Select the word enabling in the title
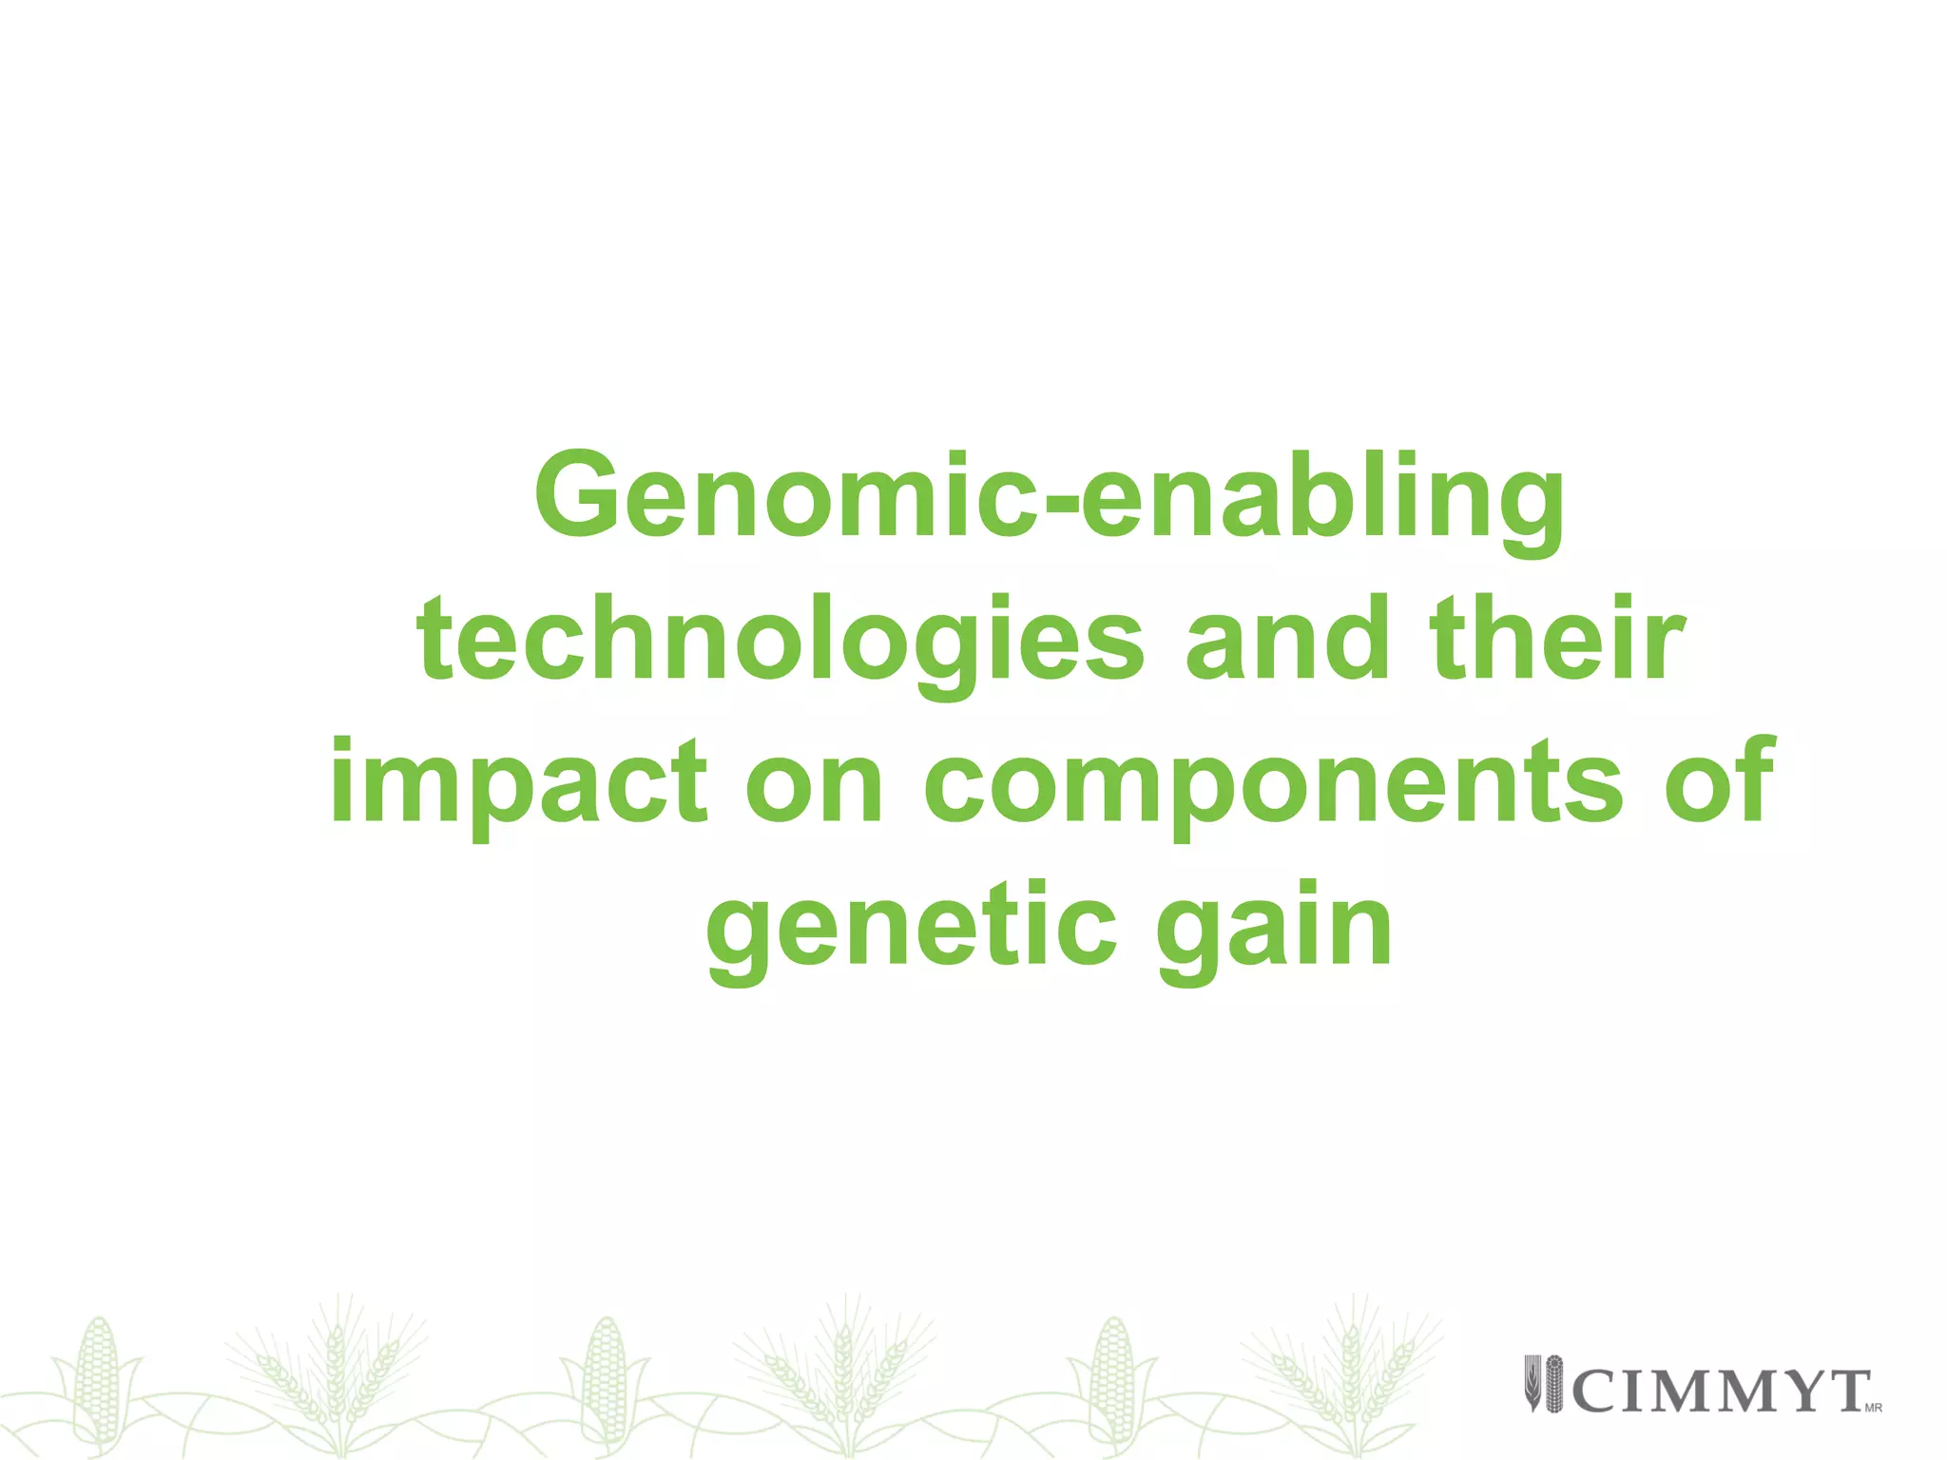click(1322, 499)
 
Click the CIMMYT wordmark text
click(1721, 1392)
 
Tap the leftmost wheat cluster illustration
click(333, 1369)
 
